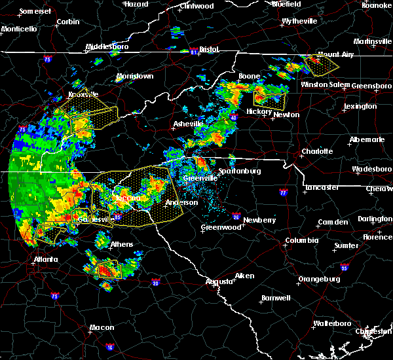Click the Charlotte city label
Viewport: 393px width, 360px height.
(x=316, y=151)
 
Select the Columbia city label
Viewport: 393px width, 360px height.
(x=301, y=240)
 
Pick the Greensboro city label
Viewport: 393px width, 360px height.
(x=372, y=86)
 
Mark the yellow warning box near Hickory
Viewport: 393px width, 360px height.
(x=269, y=99)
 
